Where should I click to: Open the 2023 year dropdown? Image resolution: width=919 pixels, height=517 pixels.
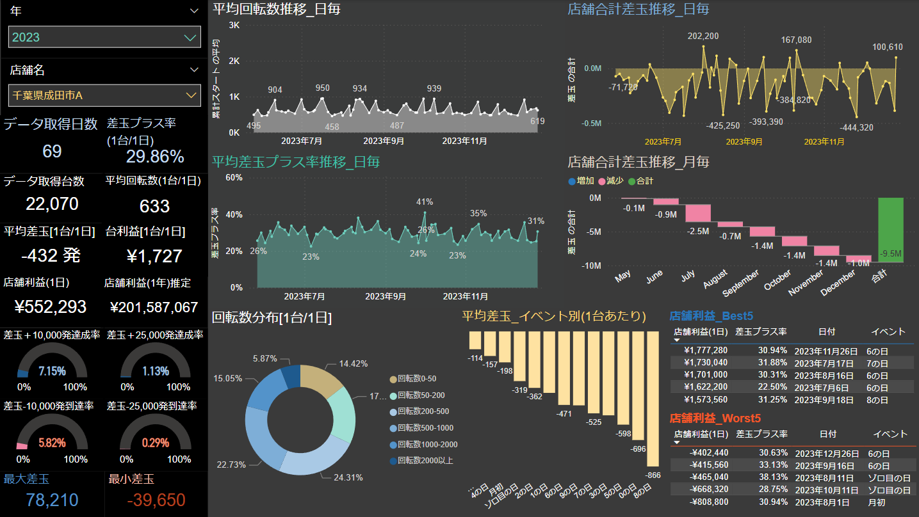[x=104, y=37]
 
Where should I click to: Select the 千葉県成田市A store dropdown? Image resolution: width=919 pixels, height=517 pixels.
[x=104, y=95]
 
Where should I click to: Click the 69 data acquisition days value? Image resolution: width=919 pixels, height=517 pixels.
[x=52, y=152]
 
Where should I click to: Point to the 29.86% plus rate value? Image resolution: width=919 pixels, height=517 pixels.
[x=155, y=157]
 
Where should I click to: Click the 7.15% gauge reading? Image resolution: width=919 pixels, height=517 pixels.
[x=52, y=371]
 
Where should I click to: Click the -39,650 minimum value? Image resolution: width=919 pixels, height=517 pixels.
[x=156, y=500]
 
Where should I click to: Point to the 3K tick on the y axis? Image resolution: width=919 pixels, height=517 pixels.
[x=234, y=25]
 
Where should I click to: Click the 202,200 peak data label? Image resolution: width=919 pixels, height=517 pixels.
[x=703, y=36]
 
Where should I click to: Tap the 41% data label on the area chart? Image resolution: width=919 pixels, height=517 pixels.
[x=425, y=202]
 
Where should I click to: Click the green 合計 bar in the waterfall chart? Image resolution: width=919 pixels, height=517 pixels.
[x=891, y=230]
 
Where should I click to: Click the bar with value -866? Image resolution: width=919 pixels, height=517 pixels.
[x=653, y=399]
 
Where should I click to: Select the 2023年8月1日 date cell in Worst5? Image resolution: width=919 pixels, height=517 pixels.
[x=822, y=502]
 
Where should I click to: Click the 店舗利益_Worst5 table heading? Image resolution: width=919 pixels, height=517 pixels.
[x=715, y=418]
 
